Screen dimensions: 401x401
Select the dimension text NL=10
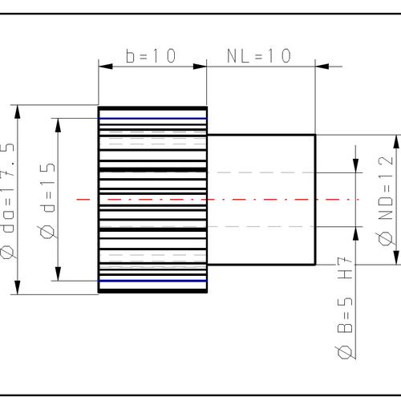258,55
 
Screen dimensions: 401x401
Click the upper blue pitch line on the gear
152,119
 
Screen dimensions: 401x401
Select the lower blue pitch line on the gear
152,282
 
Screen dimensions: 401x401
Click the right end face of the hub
315,199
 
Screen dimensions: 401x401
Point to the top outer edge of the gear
152,107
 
